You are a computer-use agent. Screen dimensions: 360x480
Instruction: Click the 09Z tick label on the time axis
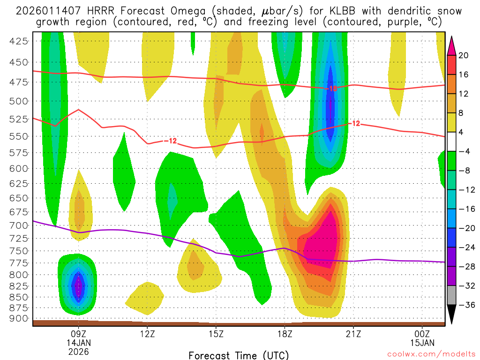(78, 334)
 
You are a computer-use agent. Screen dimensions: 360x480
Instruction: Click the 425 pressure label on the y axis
(19, 41)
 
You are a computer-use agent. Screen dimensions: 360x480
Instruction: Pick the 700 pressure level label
(19, 225)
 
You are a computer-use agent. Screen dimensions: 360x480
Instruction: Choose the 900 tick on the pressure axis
(19, 319)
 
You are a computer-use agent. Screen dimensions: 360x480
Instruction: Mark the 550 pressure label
(19, 136)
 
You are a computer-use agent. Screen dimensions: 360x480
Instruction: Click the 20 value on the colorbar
(464, 56)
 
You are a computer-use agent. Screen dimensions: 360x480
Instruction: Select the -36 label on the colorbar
(466, 305)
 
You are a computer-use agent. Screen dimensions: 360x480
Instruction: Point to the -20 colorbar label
(466, 228)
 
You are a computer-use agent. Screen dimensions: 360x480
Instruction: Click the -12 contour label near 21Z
(355, 124)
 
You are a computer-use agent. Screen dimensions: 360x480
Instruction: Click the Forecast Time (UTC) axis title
(239, 355)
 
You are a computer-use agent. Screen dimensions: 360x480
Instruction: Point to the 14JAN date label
(78, 343)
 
